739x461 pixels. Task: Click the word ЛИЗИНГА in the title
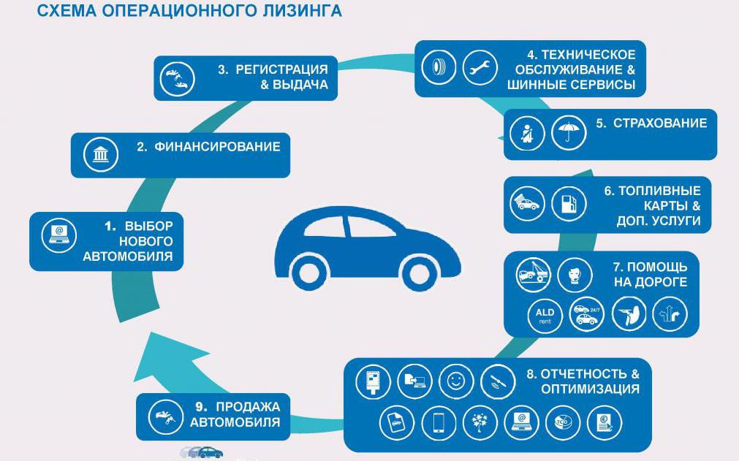click(300, 11)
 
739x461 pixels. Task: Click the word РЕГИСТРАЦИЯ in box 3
click(281, 69)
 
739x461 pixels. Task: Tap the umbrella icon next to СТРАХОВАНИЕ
click(568, 134)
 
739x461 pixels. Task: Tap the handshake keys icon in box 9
click(166, 416)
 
